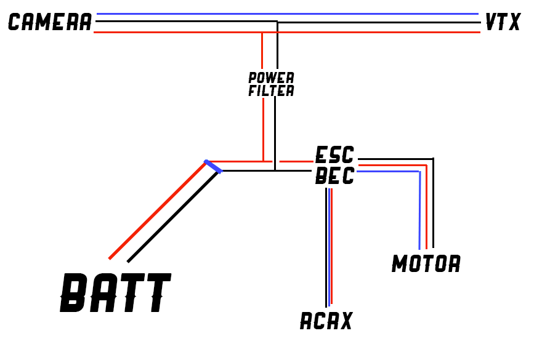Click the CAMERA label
point(50,23)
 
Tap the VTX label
point(503,23)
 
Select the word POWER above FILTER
point(271,78)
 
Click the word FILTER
point(271,91)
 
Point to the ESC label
point(334,154)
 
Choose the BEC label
point(334,176)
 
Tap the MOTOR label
point(426,264)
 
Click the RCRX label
point(326,321)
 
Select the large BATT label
point(115,294)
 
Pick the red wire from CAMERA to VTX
point(370,32)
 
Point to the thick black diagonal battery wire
point(172,217)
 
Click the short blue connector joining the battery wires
point(212,166)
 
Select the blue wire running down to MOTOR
point(419,209)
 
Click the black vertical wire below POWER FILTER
point(275,132)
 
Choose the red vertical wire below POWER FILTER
point(263,129)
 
